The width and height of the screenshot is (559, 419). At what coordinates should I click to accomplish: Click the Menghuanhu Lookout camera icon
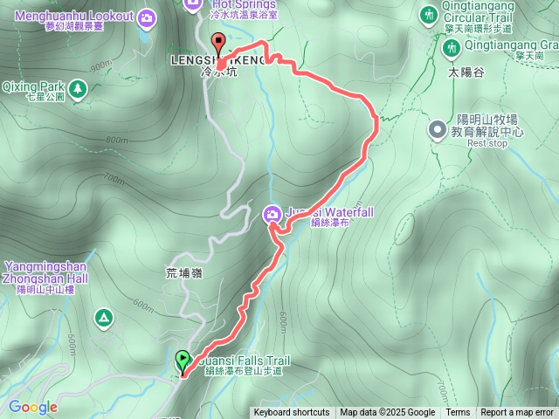click(x=147, y=17)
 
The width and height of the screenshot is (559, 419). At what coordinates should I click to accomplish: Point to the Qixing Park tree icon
click(x=79, y=87)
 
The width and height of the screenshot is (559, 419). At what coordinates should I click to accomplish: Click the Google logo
click(x=32, y=407)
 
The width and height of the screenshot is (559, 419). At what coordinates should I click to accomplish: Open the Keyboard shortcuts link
click(x=292, y=413)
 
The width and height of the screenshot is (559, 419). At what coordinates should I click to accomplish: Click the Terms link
click(x=458, y=413)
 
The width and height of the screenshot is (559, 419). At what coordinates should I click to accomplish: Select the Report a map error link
click(x=517, y=413)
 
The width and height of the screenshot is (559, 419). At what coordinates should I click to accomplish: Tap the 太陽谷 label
click(x=466, y=72)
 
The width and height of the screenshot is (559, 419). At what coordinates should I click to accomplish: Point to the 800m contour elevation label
click(x=116, y=140)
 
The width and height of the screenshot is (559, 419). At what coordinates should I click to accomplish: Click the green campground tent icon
click(x=104, y=316)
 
